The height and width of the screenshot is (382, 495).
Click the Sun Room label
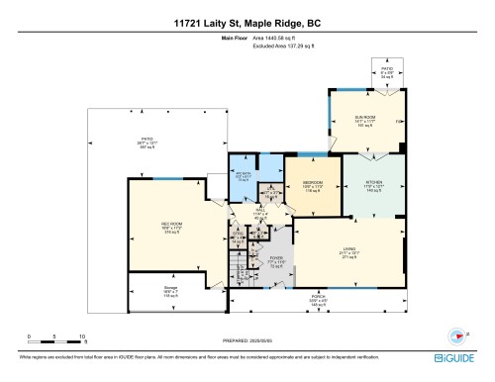pos(364,121)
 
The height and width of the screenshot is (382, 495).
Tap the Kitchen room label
pos(373,185)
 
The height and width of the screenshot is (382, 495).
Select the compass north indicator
pos(458,336)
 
